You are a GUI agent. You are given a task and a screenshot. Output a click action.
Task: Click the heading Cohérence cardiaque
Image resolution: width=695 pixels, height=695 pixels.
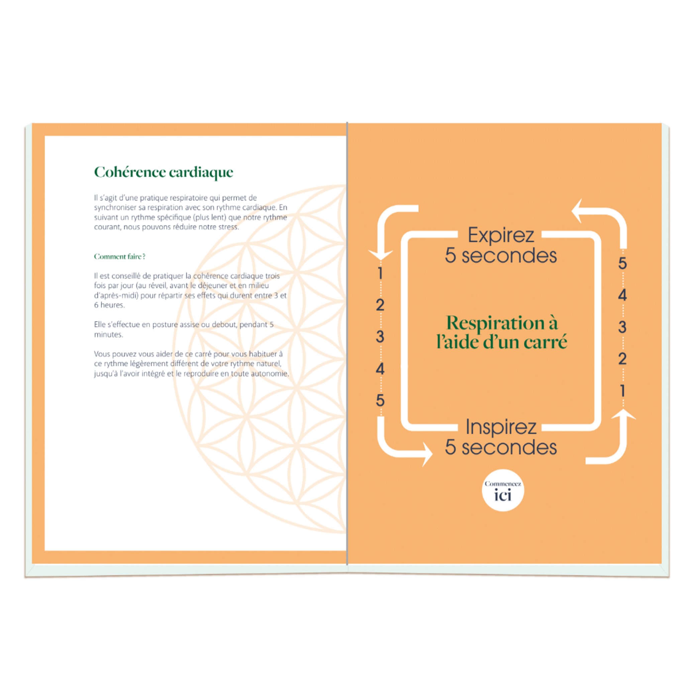[x=164, y=172]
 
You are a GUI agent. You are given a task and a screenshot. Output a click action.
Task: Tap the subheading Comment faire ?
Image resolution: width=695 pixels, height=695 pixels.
[x=119, y=256]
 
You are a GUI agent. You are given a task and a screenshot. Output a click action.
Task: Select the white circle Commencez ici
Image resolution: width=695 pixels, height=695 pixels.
[x=502, y=490]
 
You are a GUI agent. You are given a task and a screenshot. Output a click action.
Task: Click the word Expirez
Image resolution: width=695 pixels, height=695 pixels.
[x=501, y=235]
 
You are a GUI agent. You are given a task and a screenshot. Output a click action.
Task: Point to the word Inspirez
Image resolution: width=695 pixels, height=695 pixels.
[x=501, y=427]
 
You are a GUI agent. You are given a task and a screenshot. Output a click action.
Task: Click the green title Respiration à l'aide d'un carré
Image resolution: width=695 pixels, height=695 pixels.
[x=502, y=332]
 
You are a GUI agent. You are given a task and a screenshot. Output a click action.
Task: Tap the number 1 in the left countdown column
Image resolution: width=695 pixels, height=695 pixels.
[x=380, y=273]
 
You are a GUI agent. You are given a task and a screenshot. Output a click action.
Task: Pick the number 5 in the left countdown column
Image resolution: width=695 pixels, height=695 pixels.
[x=380, y=400]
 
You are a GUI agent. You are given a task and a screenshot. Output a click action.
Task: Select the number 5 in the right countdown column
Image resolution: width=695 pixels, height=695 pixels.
[x=622, y=263]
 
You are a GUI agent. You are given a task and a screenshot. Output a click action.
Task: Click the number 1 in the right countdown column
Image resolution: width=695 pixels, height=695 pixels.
[x=622, y=391]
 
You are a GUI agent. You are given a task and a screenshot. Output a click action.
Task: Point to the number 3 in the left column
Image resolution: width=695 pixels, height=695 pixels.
[x=380, y=337]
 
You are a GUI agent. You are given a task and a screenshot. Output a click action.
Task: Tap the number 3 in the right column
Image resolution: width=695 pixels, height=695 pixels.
[x=622, y=327]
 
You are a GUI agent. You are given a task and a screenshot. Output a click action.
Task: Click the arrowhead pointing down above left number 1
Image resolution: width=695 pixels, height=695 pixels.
[x=380, y=254]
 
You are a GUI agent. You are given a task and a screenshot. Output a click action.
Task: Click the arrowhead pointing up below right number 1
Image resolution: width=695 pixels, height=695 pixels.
[x=623, y=414]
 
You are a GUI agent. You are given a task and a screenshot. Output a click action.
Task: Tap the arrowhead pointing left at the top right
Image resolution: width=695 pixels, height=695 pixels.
[x=577, y=211]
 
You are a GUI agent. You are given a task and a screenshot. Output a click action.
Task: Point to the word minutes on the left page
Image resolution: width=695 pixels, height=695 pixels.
[x=108, y=335]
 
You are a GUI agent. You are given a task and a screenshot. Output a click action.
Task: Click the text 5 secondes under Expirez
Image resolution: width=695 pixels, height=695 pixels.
[x=501, y=255]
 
